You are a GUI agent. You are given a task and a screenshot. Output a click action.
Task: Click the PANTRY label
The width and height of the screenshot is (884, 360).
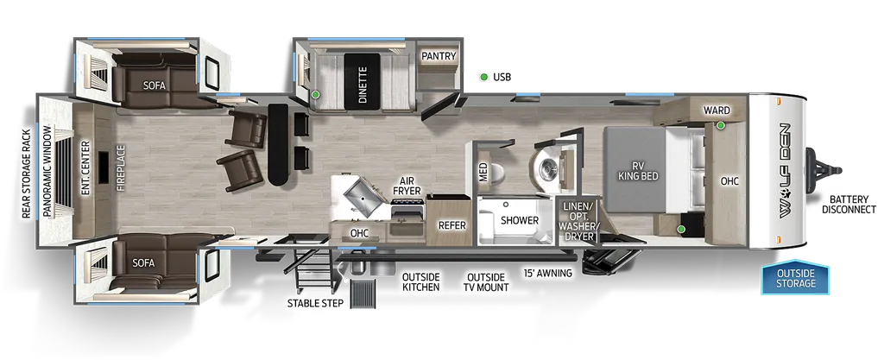click(x=438, y=56)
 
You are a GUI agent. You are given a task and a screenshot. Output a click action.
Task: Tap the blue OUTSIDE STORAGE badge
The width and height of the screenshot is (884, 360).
click(x=795, y=277)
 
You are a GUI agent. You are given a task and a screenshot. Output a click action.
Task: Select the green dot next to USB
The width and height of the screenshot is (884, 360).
click(x=483, y=77)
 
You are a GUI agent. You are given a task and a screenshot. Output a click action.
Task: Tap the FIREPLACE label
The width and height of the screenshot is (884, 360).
click(x=121, y=168)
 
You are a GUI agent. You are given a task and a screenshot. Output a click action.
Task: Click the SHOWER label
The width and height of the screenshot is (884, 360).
click(x=519, y=220)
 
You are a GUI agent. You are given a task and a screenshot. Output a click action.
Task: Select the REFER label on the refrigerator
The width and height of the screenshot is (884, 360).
click(x=452, y=225)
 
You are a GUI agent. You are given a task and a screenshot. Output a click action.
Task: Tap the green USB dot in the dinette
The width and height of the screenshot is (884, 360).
click(x=316, y=95)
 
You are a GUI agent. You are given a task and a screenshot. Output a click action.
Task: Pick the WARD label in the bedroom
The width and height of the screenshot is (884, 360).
click(x=716, y=111)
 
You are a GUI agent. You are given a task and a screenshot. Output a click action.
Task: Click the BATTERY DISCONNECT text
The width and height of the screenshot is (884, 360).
click(x=849, y=205)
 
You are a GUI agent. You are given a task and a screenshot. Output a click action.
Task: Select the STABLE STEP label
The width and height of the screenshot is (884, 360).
click(x=315, y=303)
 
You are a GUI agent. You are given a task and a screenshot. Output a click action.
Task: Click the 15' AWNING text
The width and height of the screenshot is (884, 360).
click(x=546, y=274)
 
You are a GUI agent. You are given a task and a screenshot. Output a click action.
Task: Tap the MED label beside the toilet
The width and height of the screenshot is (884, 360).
click(x=483, y=173)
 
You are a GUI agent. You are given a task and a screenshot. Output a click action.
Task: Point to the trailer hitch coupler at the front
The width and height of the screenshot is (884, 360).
click(x=824, y=170)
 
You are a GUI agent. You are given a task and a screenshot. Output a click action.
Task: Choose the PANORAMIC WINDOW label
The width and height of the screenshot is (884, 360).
click(x=47, y=171)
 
